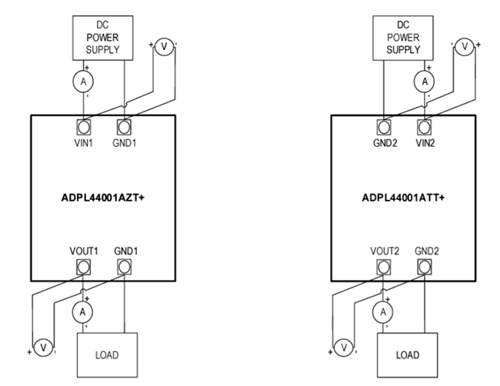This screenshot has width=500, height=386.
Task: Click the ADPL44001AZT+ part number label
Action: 103,197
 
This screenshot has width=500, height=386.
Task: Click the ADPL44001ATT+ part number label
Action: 404,197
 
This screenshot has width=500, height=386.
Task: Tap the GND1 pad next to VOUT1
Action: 123,268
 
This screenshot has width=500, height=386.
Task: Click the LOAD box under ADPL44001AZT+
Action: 106,354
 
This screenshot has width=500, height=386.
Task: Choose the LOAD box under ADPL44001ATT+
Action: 406,354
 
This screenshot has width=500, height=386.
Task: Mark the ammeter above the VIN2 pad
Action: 422,81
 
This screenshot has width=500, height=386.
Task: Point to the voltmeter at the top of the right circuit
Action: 464,48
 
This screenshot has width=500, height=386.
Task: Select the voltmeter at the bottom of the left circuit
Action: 44,348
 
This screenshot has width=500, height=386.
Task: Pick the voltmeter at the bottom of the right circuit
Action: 344,348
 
